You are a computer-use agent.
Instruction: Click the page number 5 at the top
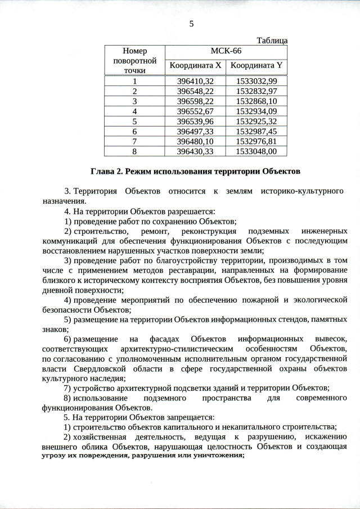191,24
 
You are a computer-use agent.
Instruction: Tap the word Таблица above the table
272,40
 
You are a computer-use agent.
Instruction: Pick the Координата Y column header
256,66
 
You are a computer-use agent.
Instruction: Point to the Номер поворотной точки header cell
134,61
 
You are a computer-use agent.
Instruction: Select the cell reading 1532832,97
256,91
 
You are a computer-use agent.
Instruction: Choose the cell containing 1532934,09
256,111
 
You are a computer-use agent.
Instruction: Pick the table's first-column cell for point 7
134,141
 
